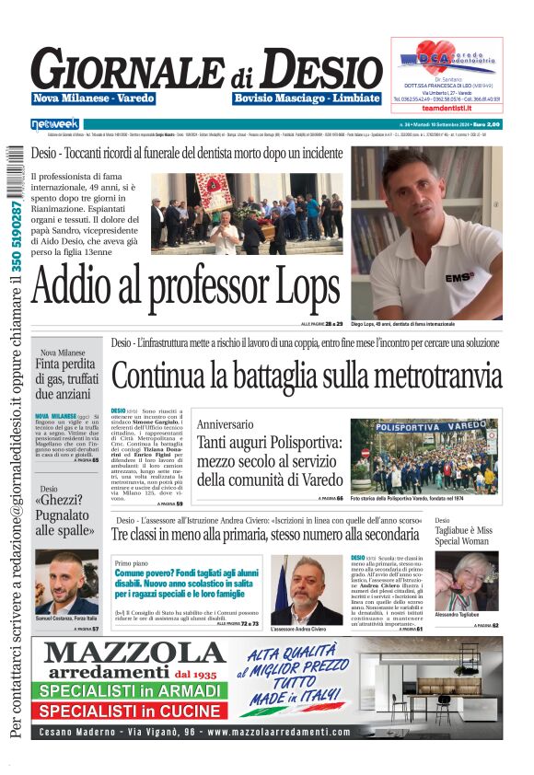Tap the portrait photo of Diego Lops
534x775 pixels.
[x=425, y=232]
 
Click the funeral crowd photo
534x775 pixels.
[x=247, y=214]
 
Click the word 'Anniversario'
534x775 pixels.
[x=224, y=424]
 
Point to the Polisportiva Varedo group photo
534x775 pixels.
[x=436, y=457]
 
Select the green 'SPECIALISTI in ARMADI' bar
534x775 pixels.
[x=129, y=691]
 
